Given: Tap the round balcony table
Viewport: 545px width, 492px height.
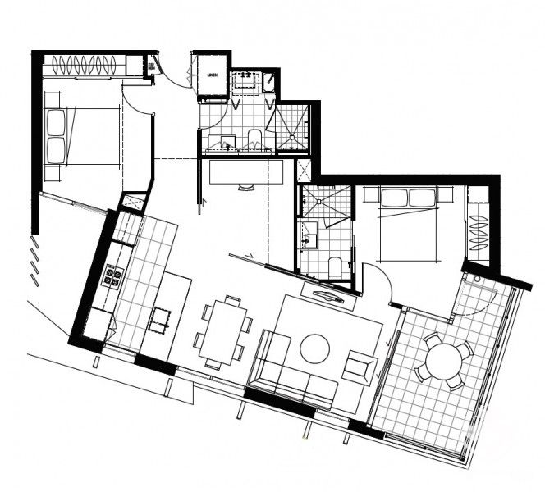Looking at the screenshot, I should tap(442, 359).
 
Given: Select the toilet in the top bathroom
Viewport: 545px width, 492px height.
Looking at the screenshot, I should tap(254, 139).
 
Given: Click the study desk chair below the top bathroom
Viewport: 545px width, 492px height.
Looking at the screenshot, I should tap(246, 188).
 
